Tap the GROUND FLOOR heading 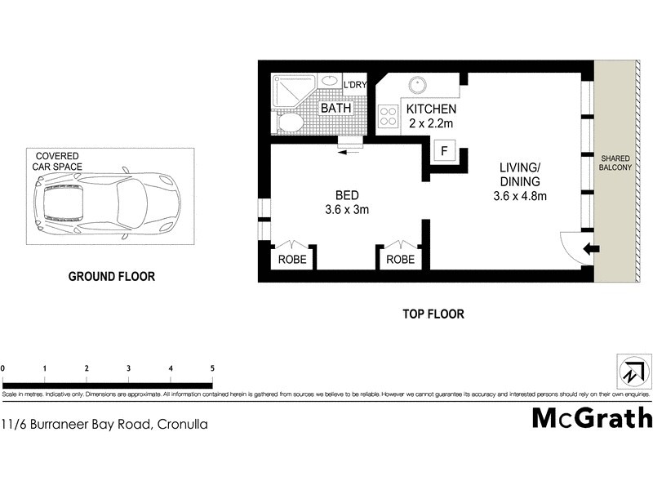(x=111, y=276)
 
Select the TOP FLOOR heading (x=433, y=314)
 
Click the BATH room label (x=335, y=108)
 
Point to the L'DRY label (x=355, y=85)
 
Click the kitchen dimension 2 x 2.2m (x=431, y=124)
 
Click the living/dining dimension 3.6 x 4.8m (x=519, y=195)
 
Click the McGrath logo (x=592, y=417)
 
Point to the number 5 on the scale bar (x=212, y=368)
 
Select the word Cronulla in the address (x=181, y=424)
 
